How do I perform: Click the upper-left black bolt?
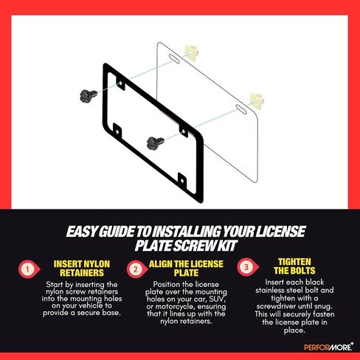88,96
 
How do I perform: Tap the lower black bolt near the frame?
155,143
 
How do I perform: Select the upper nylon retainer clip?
192,52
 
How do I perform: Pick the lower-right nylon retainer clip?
257,101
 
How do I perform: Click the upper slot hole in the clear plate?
174,59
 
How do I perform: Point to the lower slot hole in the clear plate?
241,109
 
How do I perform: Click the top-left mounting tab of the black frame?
120,84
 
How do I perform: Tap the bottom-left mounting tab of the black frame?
117,131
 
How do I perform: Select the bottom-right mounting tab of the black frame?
182,180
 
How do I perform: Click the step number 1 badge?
29,269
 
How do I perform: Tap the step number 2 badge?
136,269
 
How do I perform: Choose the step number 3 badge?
247,267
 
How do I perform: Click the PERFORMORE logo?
329,347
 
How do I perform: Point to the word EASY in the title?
81,232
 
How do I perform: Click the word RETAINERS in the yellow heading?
82,273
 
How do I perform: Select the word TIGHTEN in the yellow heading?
294,262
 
